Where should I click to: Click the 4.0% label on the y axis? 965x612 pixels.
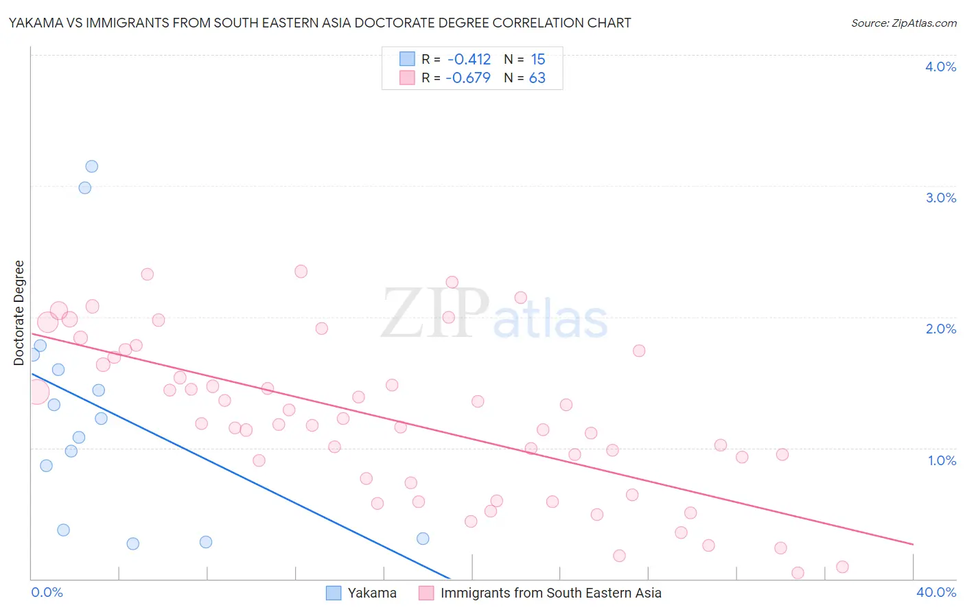pos(940,67)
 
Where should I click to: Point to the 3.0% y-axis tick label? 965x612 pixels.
pos(940,198)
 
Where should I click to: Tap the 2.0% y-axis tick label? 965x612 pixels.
pos(940,329)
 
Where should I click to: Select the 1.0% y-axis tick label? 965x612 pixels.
pos(942,460)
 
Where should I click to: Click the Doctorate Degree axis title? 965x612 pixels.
pos(19,313)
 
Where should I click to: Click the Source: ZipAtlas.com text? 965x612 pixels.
pos(903,23)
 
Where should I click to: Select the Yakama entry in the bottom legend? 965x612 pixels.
pos(372,593)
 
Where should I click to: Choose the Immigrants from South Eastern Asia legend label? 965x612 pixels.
pos(550,593)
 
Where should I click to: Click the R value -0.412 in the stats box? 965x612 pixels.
pos(469,60)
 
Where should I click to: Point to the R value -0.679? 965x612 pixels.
pos(468,78)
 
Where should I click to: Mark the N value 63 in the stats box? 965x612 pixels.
pos(537,78)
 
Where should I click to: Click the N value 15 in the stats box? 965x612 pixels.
pos(537,60)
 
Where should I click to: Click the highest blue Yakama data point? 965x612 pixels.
pos(91,167)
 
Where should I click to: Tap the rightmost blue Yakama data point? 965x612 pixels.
pos(423,539)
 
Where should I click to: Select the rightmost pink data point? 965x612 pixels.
pos(842,567)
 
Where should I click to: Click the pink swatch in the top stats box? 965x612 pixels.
pos(407,78)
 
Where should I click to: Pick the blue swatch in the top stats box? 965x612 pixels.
pos(407,59)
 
